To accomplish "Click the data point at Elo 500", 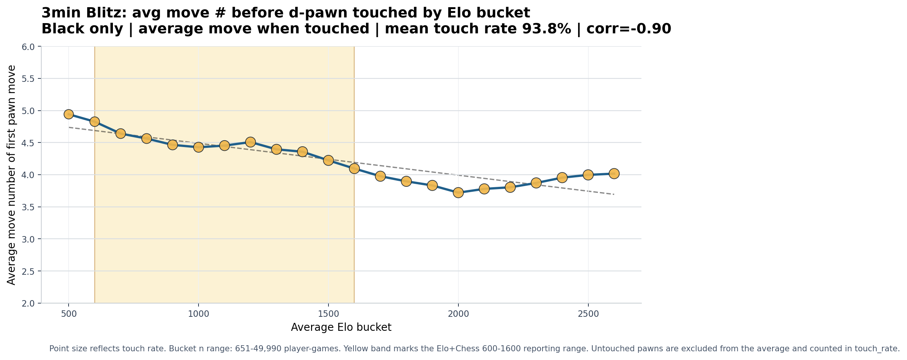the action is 69,114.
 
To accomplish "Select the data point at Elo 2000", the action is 458,193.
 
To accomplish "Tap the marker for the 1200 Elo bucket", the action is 250,142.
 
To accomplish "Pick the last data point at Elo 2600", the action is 614,174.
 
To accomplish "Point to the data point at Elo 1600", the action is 354,168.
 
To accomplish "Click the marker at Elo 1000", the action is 199,147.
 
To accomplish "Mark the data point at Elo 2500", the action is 588,175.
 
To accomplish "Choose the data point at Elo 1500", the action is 328,160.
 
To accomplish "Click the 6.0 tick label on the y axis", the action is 29,47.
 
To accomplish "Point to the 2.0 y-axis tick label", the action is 29,303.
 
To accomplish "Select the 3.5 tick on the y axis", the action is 29,207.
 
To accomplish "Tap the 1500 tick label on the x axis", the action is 328,314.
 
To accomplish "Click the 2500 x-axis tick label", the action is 588,314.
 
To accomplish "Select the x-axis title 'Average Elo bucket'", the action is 341,327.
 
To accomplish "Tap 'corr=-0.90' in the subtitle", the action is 629,29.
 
